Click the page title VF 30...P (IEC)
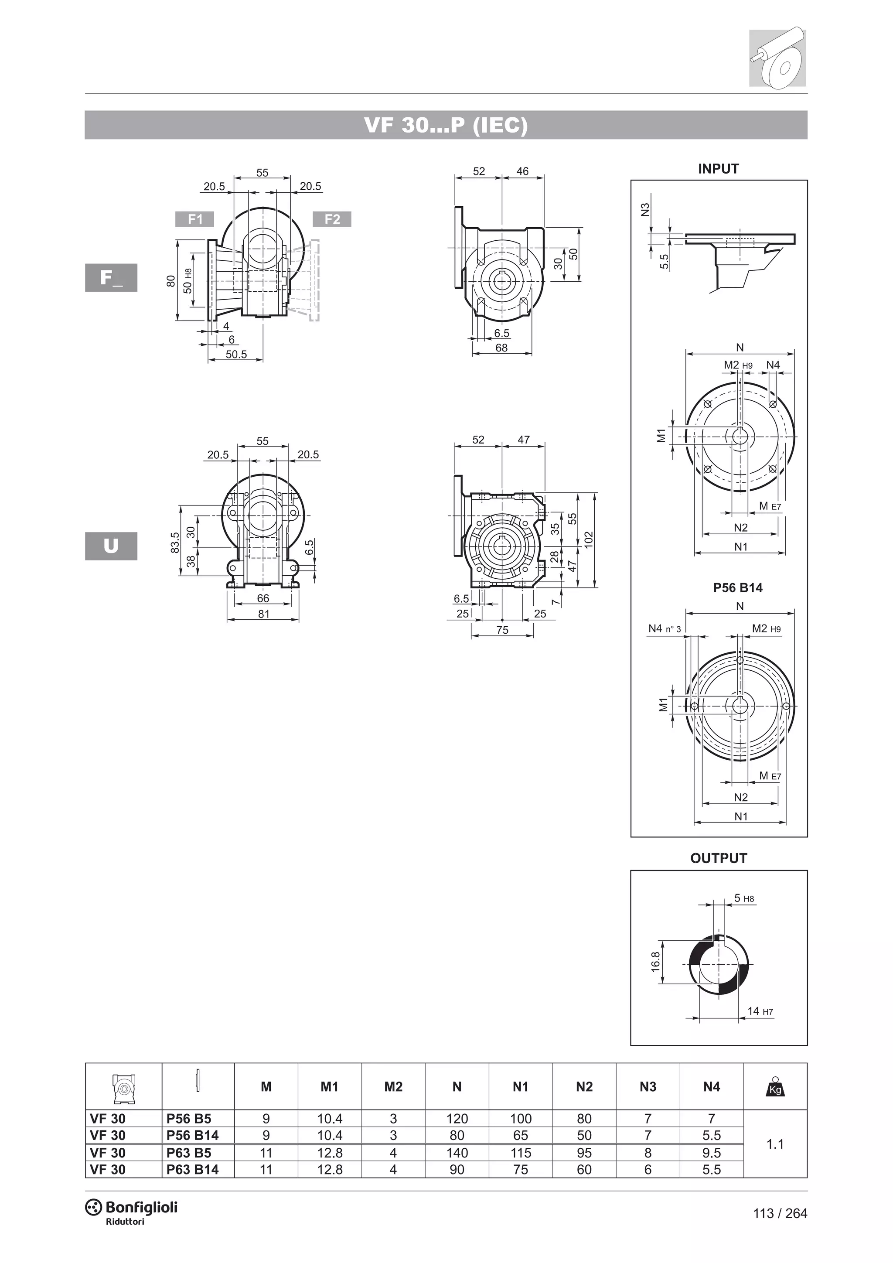(446, 126)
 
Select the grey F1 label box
(194, 219)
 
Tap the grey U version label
(111, 546)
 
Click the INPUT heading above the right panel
(718, 169)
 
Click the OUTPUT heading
(718, 858)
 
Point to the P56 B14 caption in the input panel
(737, 587)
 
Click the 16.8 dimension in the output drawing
(655, 962)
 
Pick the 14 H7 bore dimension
(760, 1011)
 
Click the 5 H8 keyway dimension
(743, 898)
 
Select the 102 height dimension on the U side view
(588, 539)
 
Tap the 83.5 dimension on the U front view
(175, 543)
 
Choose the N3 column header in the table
(648, 1086)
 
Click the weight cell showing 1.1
(775, 1144)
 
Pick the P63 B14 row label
(192, 1170)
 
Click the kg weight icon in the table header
(775, 1086)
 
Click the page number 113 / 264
(780, 1213)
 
